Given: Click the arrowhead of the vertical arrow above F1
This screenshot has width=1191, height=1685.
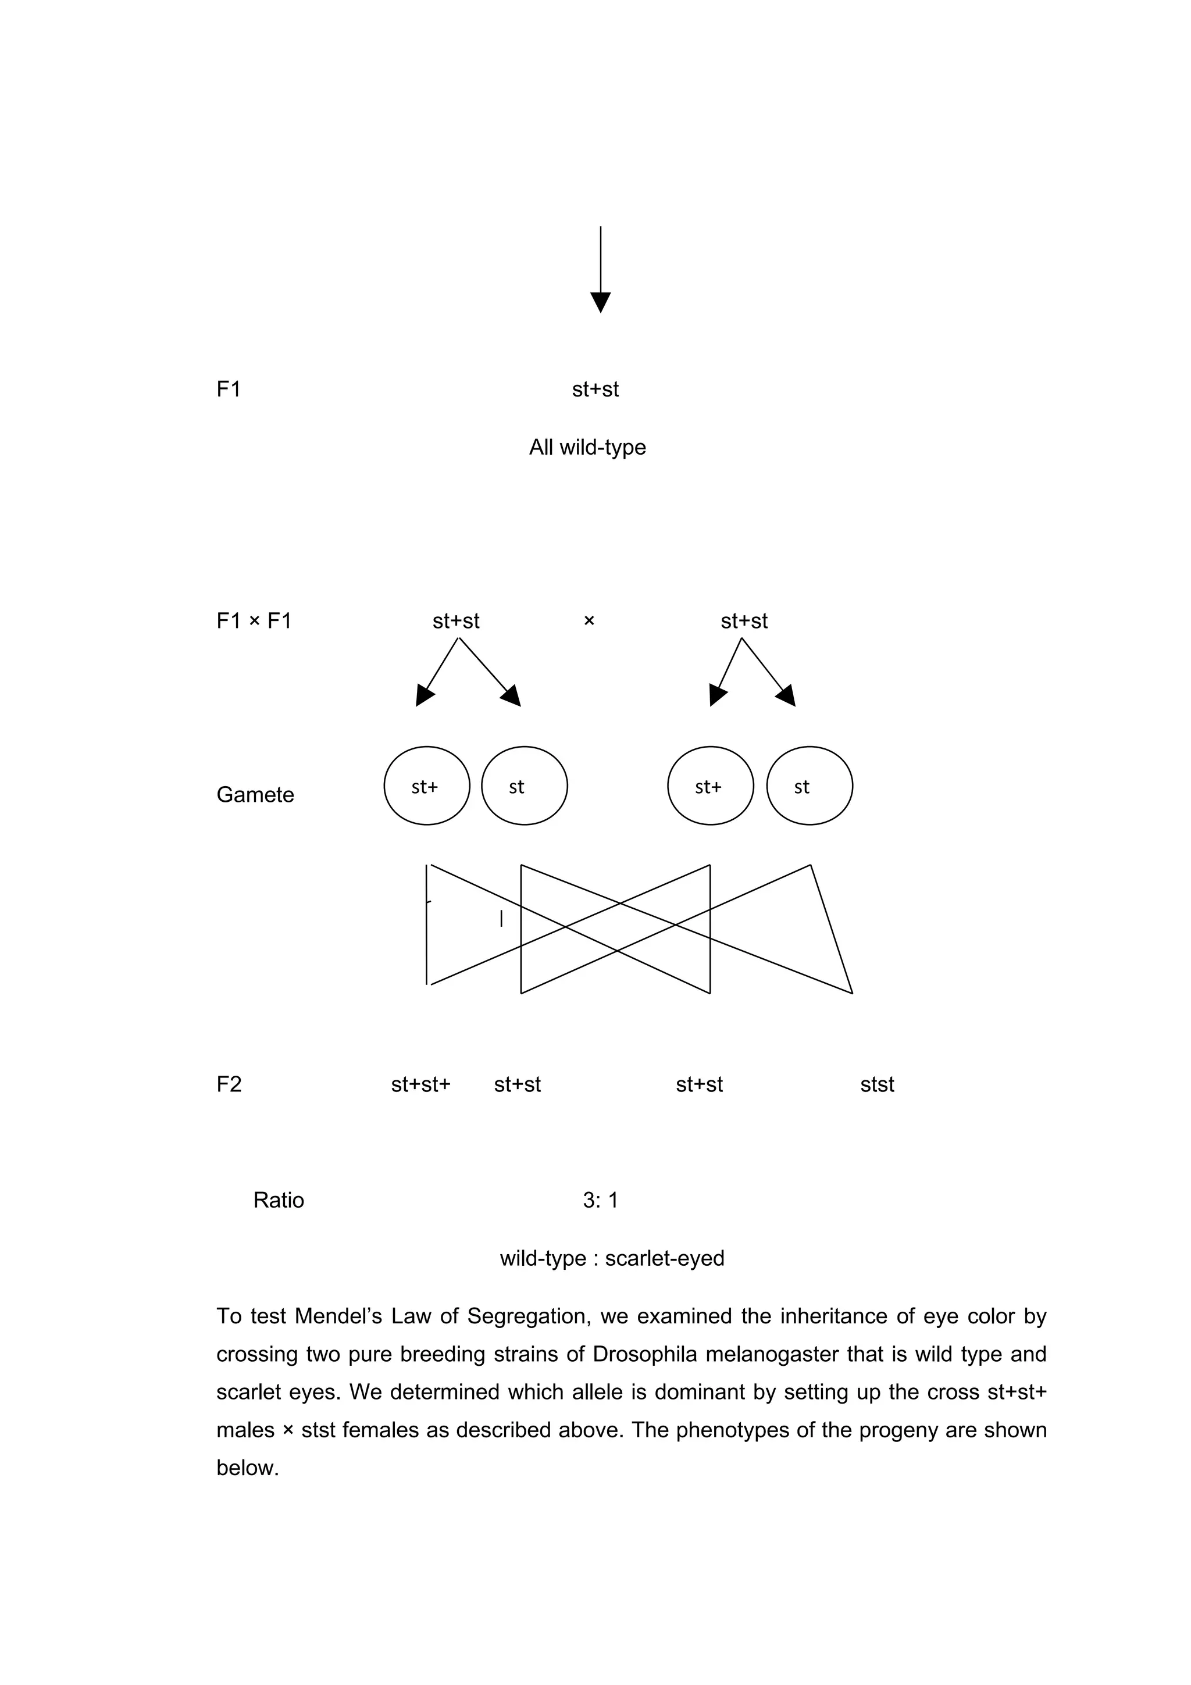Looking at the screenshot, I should click(600, 302).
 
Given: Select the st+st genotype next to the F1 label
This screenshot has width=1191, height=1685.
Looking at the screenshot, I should click(595, 389).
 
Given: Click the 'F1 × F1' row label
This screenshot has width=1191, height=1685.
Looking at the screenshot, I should click(254, 621).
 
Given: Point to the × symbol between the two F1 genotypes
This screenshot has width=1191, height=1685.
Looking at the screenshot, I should click(589, 621).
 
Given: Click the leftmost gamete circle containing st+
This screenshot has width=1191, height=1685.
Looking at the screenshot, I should click(426, 786).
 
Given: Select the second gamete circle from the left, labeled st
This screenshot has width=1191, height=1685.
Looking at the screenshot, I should click(524, 786).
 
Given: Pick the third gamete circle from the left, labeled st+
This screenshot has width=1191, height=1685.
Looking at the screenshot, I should click(710, 786).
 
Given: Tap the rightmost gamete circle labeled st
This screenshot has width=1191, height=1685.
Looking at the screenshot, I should click(810, 786).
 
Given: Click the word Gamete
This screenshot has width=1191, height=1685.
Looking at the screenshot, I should click(255, 795).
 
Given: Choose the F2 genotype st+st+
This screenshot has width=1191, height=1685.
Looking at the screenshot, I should click(420, 1085).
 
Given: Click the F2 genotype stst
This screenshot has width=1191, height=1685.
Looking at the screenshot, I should click(877, 1085).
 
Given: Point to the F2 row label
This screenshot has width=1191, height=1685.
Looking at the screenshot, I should click(229, 1085).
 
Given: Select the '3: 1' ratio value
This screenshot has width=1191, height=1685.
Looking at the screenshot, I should click(600, 1200).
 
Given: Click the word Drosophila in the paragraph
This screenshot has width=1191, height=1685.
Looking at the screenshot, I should click(644, 1354).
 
